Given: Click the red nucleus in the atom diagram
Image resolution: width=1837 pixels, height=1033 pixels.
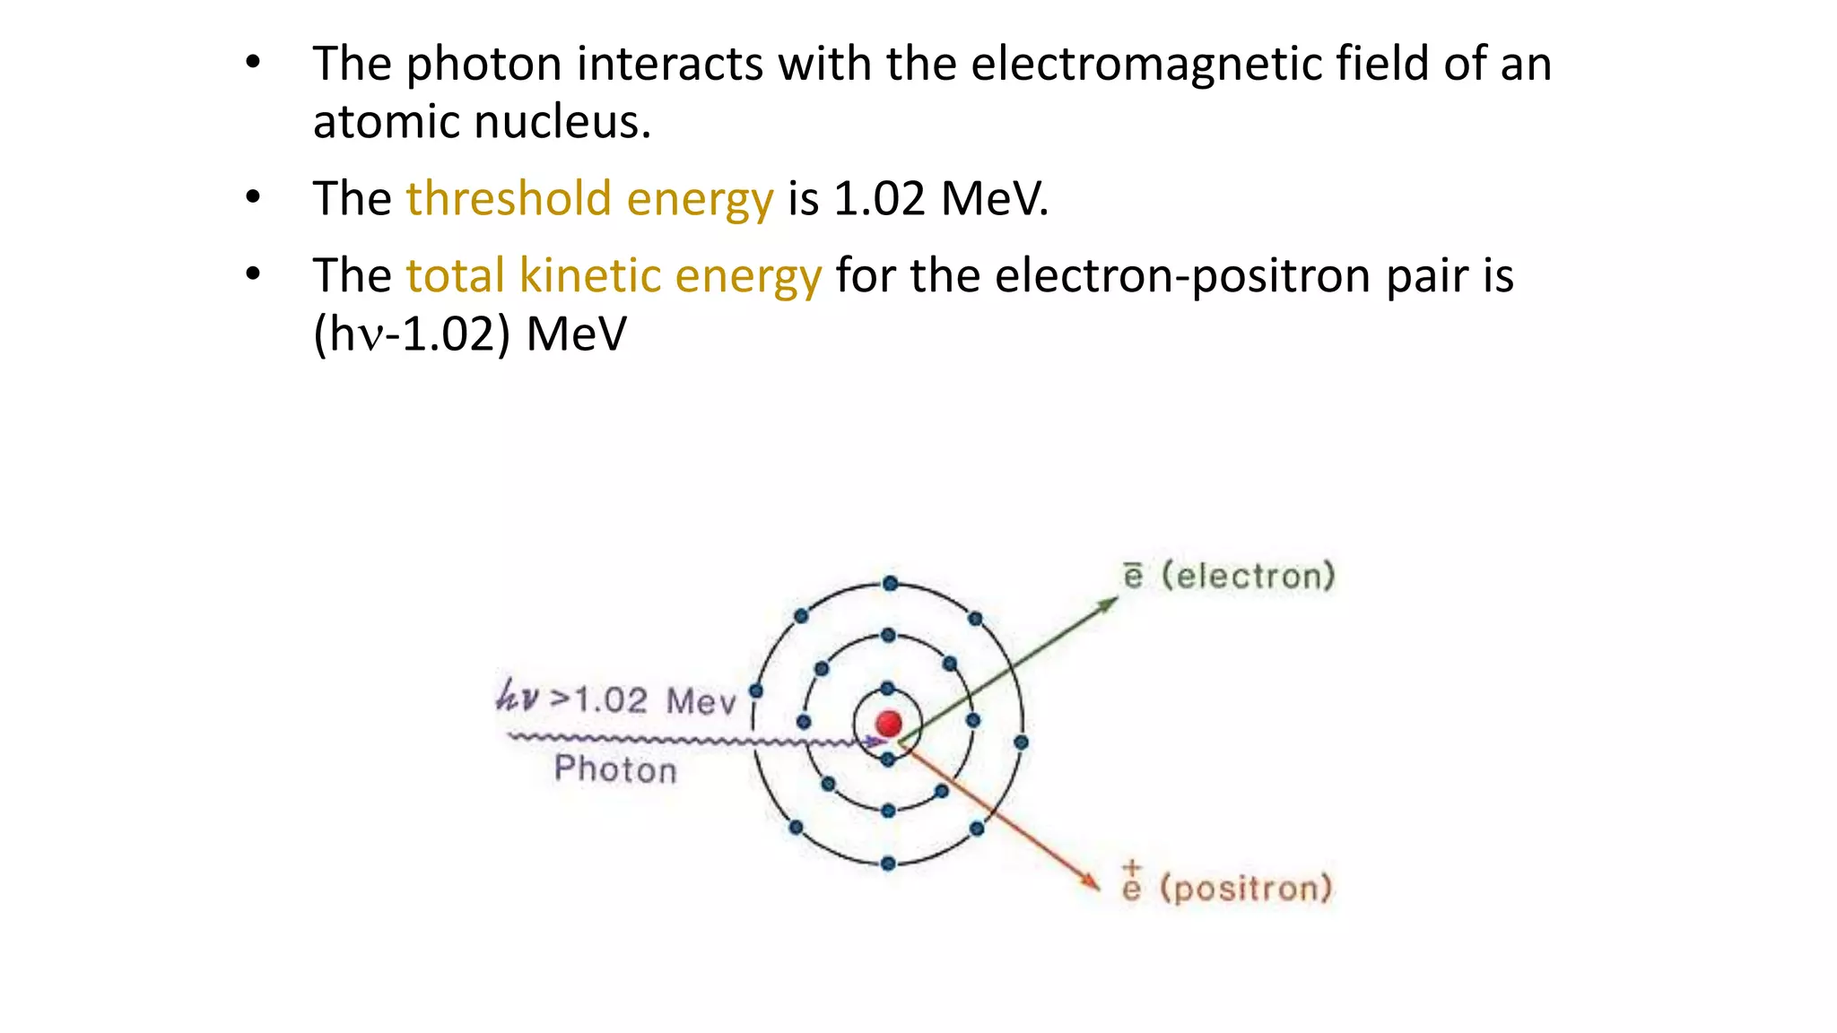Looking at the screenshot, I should pyautogui.click(x=889, y=723).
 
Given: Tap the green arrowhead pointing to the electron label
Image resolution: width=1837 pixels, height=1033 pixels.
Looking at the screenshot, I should pyautogui.click(x=1110, y=603).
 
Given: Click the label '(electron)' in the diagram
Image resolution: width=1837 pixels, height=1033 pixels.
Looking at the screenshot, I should pyautogui.click(x=1248, y=576).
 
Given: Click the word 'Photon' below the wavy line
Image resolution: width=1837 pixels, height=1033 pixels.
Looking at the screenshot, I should pyautogui.click(x=615, y=769).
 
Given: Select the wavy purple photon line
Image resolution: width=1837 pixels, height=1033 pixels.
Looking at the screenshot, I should pyautogui.click(x=682, y=740).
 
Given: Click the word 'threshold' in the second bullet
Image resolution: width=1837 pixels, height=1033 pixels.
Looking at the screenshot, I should pyautogui.click(x=509, y=198).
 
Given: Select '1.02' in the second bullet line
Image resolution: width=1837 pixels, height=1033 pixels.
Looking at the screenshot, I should pyautogui.click(x=879, y=198).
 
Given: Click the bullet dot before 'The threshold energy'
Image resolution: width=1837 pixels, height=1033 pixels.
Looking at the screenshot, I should pyautogui.click(x=253, y=197).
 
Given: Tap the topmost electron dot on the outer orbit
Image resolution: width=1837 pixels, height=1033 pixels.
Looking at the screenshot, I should pyautogui.click(x=890, y=584).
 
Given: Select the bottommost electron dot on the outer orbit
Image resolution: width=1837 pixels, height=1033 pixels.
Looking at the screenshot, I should pyautogui.click(x=888, y=864).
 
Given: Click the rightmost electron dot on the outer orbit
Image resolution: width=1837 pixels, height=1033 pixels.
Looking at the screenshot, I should pyautogui.click(x=1021, y=742).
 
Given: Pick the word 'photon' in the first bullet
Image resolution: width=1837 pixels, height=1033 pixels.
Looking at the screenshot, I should pyautogui.click(x=484, y=64).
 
